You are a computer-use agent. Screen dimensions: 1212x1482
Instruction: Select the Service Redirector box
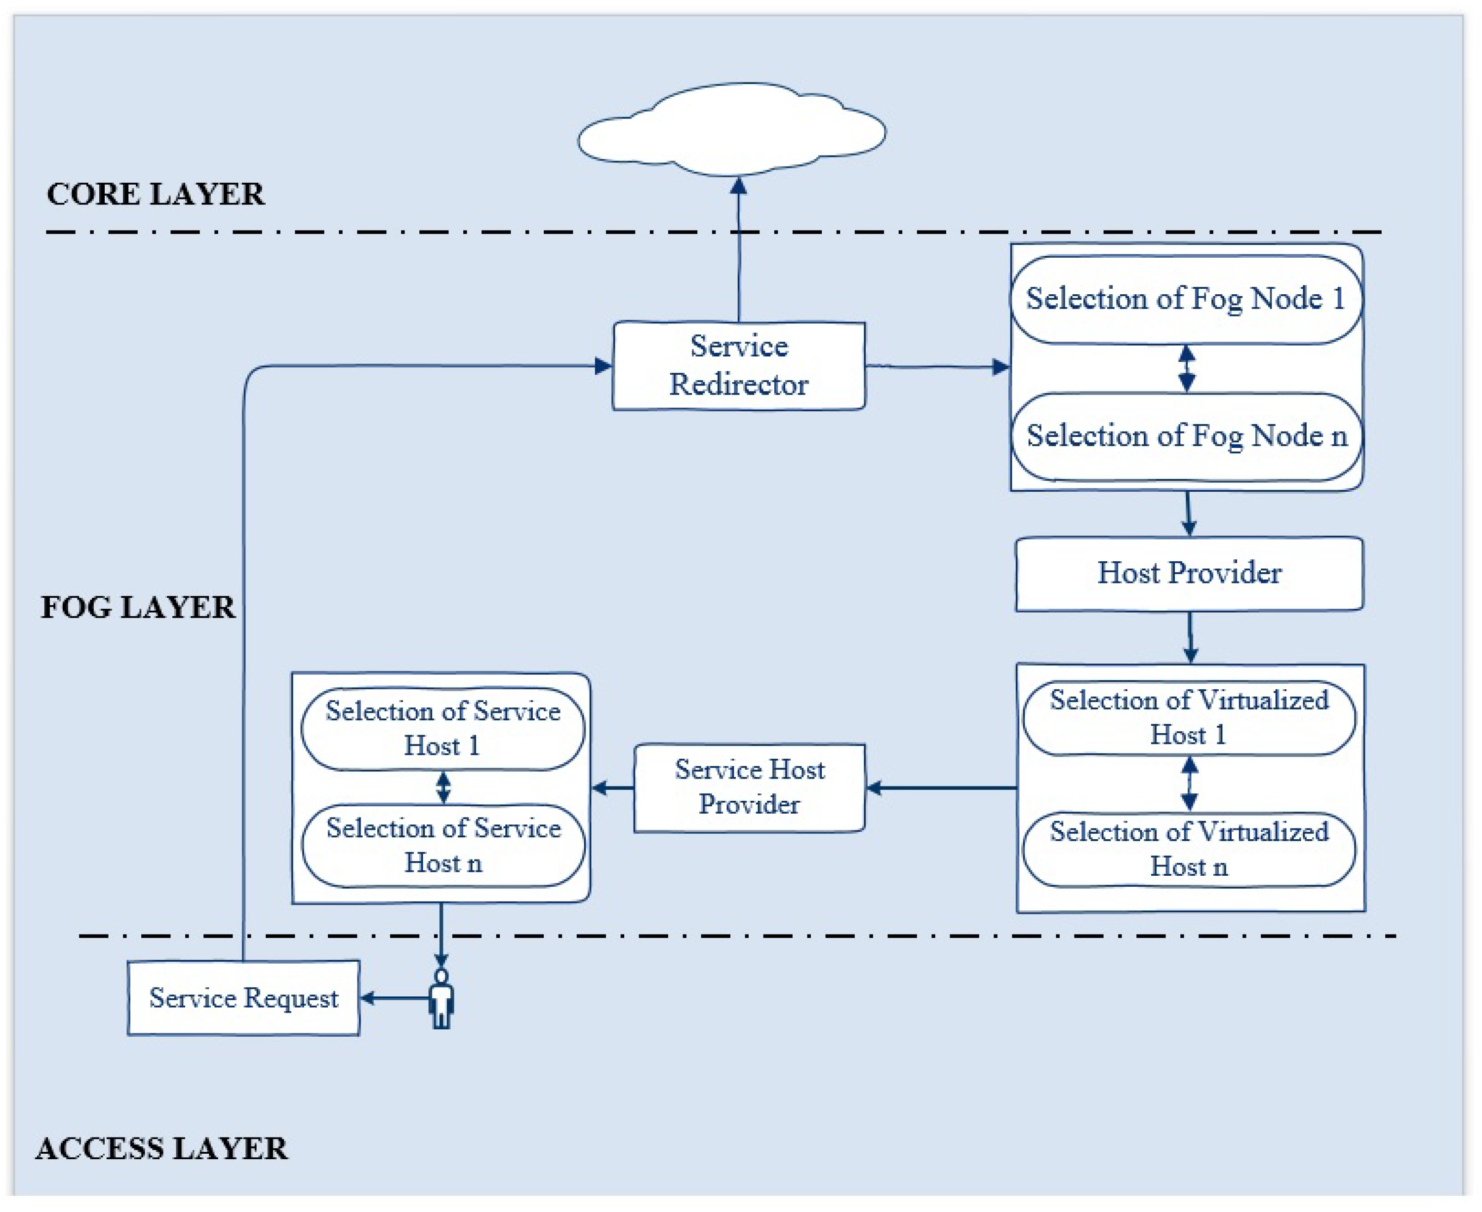pos(738,365)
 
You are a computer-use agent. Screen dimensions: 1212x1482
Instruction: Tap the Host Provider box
pos(1189,573)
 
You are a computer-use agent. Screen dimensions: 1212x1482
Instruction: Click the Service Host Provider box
pos(749,787)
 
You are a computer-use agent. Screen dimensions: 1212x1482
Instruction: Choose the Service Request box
pos(243,998)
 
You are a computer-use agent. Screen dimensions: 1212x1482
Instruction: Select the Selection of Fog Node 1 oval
pos(1185,299)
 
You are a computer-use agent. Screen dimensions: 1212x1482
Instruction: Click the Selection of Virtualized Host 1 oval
pos(1188,718)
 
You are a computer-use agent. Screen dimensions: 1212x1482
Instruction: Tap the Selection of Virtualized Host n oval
pos(1188,849)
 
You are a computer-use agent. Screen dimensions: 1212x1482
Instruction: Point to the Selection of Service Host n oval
pos(443,846)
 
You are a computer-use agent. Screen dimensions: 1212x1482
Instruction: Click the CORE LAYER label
pos(155,194)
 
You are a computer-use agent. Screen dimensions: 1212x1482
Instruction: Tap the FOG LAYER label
pos(138,607)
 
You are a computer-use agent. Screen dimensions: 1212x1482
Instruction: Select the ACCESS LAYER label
pos(161,1148)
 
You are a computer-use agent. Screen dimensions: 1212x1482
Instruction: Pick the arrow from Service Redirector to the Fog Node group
pos(936,366)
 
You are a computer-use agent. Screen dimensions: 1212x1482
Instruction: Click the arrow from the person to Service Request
pos(395,998)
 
